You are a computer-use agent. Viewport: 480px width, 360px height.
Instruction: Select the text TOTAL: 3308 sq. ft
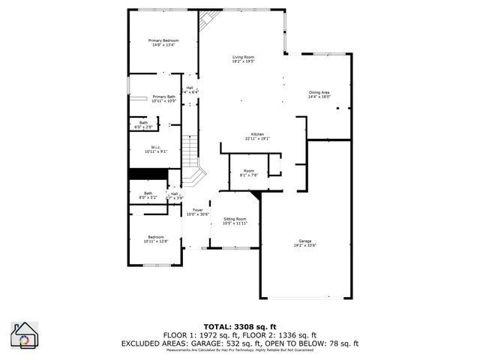coord(240,327)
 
